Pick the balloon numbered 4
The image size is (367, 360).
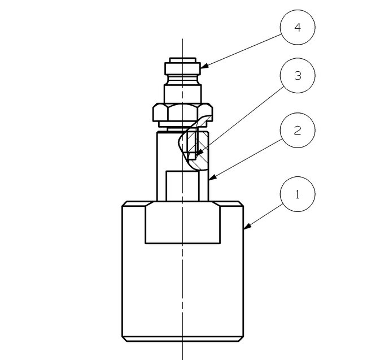tap(298, 27)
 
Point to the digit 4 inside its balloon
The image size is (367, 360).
tap(298, 27)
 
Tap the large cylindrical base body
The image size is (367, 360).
tap(182, 288)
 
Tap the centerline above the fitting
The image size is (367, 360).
tap(182, 45)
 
